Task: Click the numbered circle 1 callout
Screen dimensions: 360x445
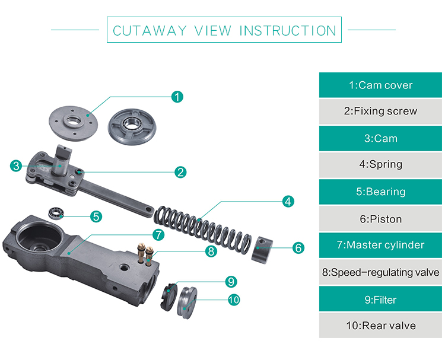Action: pos(177,97)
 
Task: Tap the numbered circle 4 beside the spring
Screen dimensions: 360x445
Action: pos(288,202)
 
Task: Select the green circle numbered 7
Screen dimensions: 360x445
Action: pos(158,234)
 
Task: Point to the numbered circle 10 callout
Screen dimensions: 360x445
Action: pos(234,300)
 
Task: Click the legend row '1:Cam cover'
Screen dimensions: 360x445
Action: pos(380,85)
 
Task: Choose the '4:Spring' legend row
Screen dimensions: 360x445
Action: pos(380,165)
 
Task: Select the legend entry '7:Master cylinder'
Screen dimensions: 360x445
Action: pos(380,245)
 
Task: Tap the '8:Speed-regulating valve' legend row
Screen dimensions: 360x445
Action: pos(380,272)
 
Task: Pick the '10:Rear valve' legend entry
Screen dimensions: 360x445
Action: pos(380,326)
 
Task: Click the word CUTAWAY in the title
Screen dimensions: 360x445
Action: pos(150,30)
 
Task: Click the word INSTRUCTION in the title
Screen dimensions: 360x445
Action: pos(288,30)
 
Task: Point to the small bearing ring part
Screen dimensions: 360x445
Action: pos(56,212)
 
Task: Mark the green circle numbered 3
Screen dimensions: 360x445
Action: pos(16,165)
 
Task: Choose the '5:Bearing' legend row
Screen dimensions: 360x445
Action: pos(380,192)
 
